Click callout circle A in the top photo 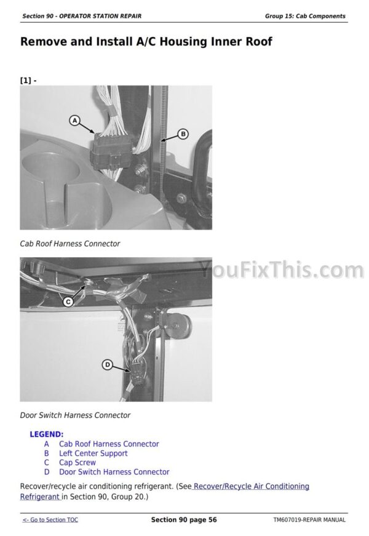click(x=74, y=121)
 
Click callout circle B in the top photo click(x=183, y=134)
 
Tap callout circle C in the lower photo click(x=68, y=302)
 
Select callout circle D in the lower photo click(x=107, y=365)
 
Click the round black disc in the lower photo click(x=180, y=325)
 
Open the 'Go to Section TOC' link click(x=50, y=520)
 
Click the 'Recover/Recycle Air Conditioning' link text click(x=251, y=486)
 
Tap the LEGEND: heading click(x=47, y=434)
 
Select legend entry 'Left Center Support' click(x=93, y=454)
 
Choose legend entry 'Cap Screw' click(x=77, y=463)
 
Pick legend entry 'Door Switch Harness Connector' click(x=114, y=472)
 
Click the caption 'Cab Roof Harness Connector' click(x=70, y=244)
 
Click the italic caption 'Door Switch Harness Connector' click(x=75, y=415)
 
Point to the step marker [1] click(x=26, y=81)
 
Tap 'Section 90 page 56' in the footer click(x=184, y=520)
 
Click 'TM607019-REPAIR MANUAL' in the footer click(x=309, y=520)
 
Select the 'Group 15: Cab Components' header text click(x=305, y=16)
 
